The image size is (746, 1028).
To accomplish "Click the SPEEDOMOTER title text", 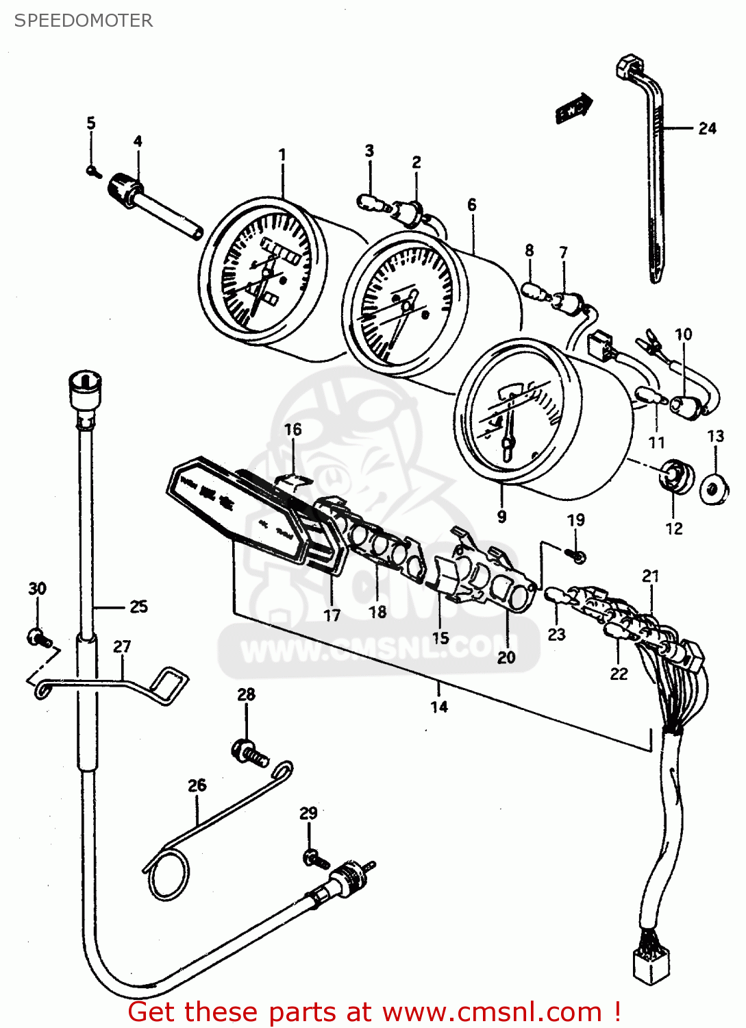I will [x=84, y=21].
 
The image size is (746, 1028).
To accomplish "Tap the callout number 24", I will [x=707, y=128].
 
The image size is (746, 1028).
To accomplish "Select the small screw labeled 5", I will [x=93, y=171].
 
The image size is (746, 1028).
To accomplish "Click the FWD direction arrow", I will [x=573, y=108].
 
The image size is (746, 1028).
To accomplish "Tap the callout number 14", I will [x=439, y=707].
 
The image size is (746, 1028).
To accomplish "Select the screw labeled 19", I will [x=577, y=555].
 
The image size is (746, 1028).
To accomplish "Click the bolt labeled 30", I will [x=38, y=638].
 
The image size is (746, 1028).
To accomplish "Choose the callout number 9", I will [x=502, y=516].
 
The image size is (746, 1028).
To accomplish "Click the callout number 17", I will [x=332, y=615].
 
